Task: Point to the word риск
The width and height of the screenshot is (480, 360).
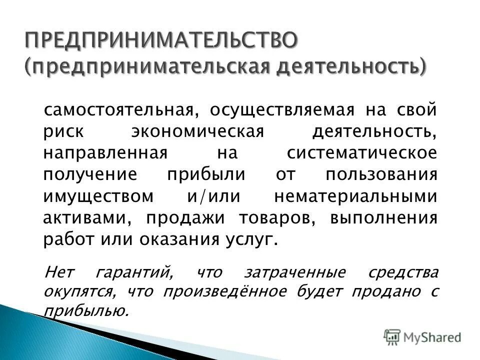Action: pyautogui.click(x=62, y=131)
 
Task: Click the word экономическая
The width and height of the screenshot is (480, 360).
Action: pyautogui.click(x=197, y=131)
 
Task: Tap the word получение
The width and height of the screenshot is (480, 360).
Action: pyautogui.click(x=90, y=175)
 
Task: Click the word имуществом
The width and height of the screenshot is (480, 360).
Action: pyautogui.click(x=98, y=196)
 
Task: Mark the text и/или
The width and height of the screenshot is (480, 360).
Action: pyautogui.click(x=207, y=196)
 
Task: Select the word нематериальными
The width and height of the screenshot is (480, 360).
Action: pyautogui.click(x=355, y=196)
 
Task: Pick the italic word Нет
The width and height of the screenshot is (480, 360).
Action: pyautogui.click(x=59, y=273)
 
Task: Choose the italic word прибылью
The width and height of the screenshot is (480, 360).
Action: pyautogui.click(x=85, y=311)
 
